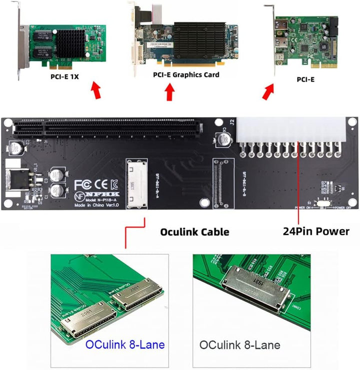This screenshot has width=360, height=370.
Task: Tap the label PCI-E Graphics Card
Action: click(x=186, y=75)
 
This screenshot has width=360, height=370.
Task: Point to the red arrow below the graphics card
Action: click(x=170, y=92)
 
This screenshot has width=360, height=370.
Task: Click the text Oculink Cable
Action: click(x=194, y=232)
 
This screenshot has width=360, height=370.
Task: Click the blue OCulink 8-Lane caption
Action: click(x=124, y=344)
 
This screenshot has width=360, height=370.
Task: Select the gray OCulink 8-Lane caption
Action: click(x=239, y=344)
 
